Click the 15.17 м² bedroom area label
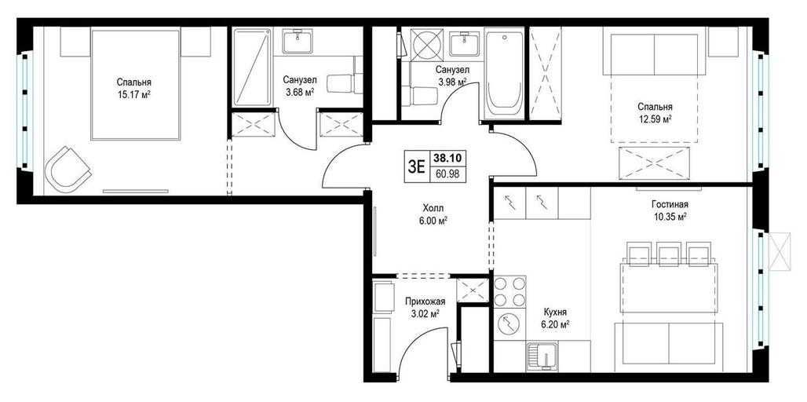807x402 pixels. point(133,94)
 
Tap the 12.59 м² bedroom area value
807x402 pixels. point(655,119)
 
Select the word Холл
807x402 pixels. point(433,208)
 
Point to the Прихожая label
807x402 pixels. point(425,301)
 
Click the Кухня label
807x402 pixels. point(555,312)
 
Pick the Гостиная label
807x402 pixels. point(669,204)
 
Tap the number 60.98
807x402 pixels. point(443,174)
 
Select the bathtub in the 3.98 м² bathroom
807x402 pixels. point(504,74)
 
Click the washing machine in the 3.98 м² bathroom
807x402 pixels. point(428,43)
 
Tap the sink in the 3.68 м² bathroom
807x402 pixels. point(298,41)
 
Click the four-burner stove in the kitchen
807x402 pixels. point(510,291)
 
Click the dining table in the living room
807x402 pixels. point(669,287)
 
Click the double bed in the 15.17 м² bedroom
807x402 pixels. point(135,85)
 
